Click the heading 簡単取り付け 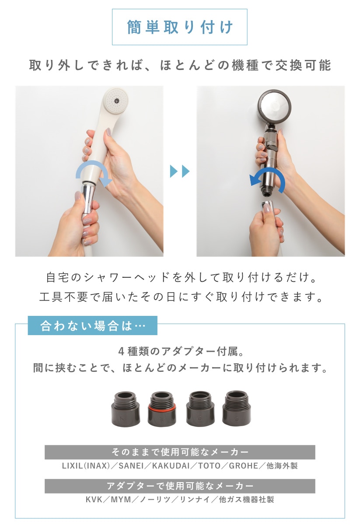180,27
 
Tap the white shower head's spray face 116,100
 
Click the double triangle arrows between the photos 179,171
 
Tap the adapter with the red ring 162,409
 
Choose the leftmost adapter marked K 126,409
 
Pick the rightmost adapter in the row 236,408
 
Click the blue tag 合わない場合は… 93,325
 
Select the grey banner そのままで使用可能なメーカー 180,452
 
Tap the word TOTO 210,465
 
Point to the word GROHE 244,465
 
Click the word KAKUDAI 171,465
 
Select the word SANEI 131,465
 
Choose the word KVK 94,500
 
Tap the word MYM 121,500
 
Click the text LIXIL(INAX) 86,465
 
